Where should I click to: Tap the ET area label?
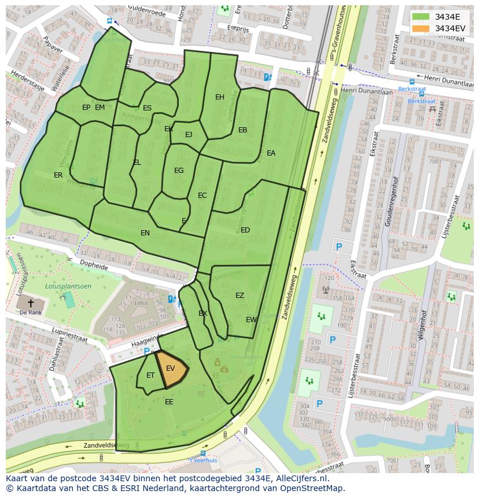click(x=150, y=375)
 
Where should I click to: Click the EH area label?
click(x=220, y=97)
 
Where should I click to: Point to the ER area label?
click(x=58, y=175)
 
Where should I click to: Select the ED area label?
click(x=245, y=230)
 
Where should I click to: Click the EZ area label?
click(x=239, y=296)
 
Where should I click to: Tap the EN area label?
click(x=145, y=233)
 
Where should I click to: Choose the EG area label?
click(x=179, y=171)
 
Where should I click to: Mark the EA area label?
click(x=271, y=153)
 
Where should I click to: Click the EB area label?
click(x=243, y=130)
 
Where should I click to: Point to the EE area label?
click(x=169, y=401)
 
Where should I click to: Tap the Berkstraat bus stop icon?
click(x=411, y=82)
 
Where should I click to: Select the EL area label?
click(x=137, y=163)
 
